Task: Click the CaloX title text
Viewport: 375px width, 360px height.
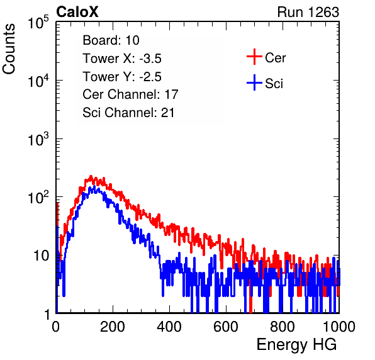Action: point(77,12)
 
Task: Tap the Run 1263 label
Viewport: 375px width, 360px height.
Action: point(308,12)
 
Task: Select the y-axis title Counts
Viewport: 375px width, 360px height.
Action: point(9,49)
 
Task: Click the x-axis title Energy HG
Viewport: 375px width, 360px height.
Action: point(296,345)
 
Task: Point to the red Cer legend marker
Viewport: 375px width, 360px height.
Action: point(254,57)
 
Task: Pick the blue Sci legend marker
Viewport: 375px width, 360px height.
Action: point(254,83)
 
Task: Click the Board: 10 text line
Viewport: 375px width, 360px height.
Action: point(111,40)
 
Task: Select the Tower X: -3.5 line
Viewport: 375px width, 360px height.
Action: point(122,59)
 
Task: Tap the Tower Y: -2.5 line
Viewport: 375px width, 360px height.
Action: point(122,77)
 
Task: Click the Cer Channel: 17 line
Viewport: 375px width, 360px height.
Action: point(130,94)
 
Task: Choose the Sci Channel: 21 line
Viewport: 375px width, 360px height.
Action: point(128,113)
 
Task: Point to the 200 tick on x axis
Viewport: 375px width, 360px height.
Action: point(113,326)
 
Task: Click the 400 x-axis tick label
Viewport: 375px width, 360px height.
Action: point(169,326)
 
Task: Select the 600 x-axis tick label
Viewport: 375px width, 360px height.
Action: point(226,326)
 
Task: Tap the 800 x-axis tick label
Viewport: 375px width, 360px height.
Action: point(283,326)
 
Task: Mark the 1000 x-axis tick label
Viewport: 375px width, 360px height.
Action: point(339,326)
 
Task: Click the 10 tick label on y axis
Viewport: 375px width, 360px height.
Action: point(41,256)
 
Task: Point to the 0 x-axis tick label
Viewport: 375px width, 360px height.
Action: point(55,326)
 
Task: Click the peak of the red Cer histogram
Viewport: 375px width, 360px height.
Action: point(91,176)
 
